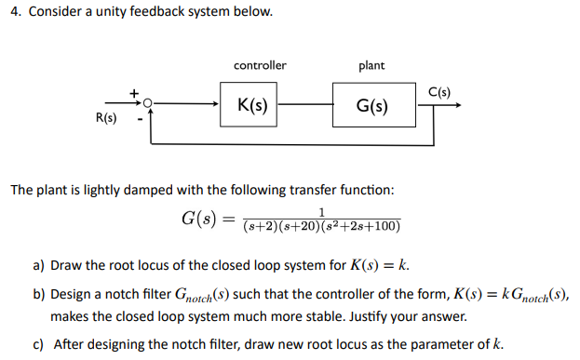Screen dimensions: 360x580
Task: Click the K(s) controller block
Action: tap(253, 105)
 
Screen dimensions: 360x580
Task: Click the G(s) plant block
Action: tap(371, 106)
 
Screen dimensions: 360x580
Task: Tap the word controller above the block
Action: tap(260, 65)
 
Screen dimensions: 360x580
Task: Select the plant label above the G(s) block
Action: tap(371, 65)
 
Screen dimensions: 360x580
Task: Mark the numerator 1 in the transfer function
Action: tap(321, 212)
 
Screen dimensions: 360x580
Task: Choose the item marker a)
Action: tap(39, 266)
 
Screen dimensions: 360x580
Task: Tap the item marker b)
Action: tap(39, 293)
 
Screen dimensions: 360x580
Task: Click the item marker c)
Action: tap(39, 343)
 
